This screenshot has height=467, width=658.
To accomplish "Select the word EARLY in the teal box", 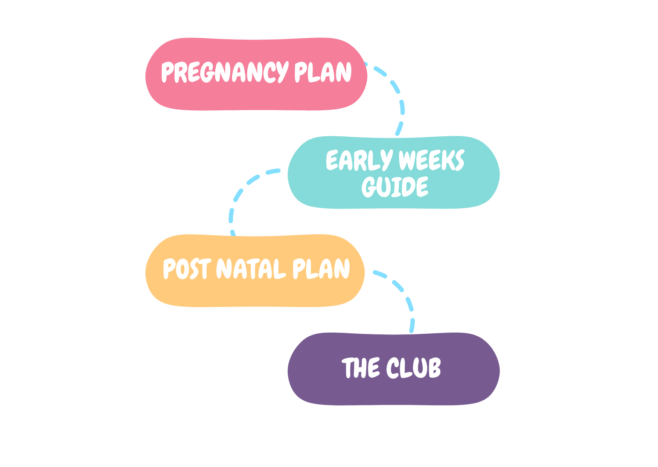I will pos(359,160).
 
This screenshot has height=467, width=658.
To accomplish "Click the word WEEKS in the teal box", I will pos(431,160).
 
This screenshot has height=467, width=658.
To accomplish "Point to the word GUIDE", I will pos(395,186).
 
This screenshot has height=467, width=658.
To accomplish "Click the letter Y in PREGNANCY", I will pos(282,73).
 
